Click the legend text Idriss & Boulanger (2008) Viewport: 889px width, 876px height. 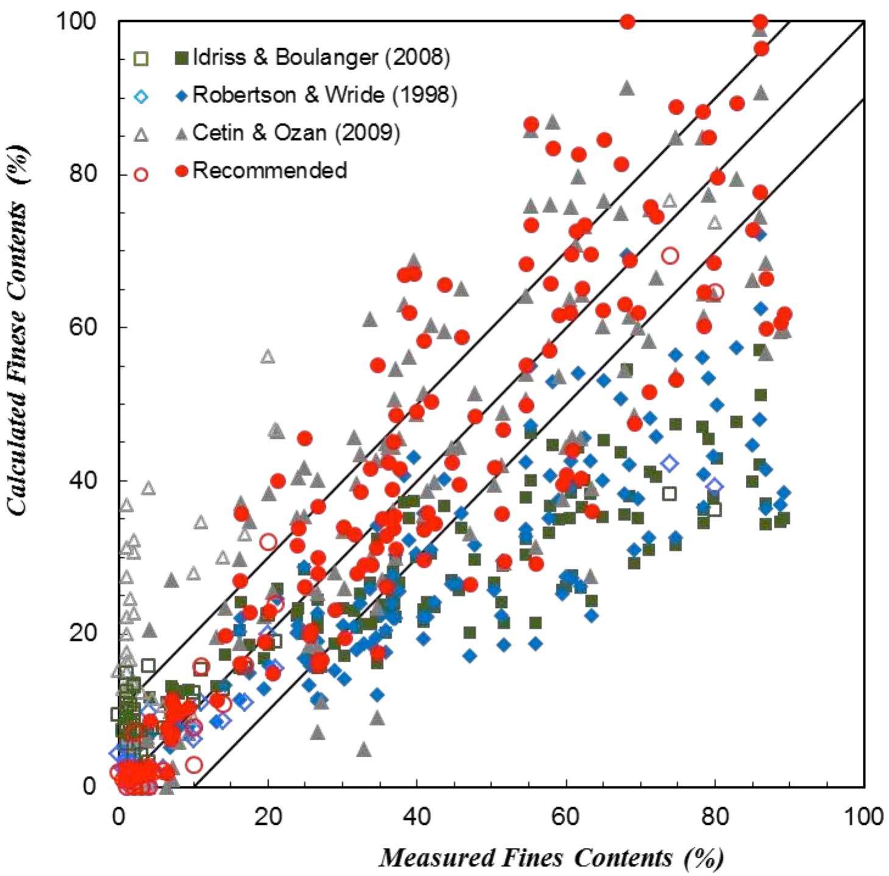[321, 57]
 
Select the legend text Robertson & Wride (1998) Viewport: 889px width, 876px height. [324, 95]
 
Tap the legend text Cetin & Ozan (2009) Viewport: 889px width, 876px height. [296, 133]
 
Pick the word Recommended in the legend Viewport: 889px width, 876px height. [269, 171]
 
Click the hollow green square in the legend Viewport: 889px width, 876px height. [141, 59]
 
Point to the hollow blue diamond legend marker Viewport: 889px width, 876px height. [141, 96]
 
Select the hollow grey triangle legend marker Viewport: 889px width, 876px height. [141, 135]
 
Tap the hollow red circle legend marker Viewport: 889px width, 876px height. [141, 174]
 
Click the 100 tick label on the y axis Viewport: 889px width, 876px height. [77, 22]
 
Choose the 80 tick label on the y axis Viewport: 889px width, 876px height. [84, 174]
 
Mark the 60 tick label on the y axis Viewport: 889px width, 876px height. [84, 327]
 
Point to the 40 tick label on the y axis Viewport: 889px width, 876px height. [84, 480]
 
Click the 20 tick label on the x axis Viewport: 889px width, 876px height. [268, 816]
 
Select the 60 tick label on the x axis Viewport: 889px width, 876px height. [566, 816]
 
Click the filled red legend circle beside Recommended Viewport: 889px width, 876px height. [181, 172]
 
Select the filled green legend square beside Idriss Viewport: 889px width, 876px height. [181, 59]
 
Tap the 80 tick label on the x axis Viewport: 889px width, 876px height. [715, 816]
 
